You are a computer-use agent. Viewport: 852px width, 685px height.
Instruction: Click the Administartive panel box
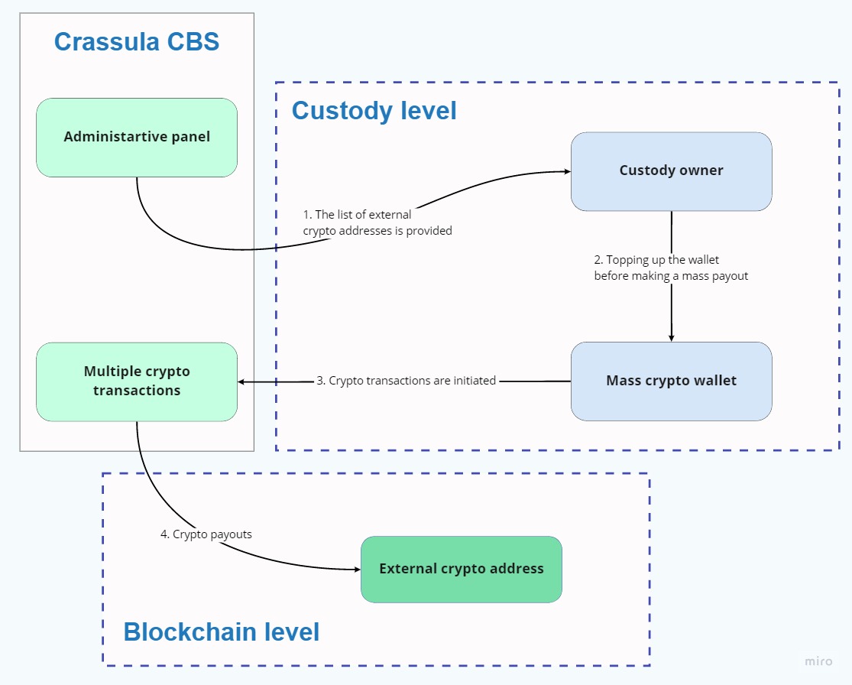137,138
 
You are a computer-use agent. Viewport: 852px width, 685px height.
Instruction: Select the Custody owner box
671,171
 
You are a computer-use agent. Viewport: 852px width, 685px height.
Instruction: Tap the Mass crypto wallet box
671,381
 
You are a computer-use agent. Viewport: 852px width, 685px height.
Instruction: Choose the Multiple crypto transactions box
137,381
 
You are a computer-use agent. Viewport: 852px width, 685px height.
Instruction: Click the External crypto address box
461,569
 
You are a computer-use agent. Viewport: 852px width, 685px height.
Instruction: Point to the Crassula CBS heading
137,41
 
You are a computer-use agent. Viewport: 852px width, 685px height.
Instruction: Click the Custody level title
374,111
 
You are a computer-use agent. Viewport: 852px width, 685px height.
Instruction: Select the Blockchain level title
222,632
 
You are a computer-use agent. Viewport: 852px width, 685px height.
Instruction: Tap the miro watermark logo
818,661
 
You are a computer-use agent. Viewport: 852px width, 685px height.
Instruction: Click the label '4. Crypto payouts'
206,534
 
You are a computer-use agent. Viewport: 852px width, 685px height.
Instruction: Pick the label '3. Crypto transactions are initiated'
407,381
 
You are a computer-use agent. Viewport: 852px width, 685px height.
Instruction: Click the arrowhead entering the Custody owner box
567,172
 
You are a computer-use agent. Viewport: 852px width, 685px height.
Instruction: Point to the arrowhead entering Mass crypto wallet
672,337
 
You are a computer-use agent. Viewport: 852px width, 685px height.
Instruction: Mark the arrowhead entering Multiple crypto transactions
242,381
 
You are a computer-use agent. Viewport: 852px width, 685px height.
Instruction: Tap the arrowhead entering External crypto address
356,570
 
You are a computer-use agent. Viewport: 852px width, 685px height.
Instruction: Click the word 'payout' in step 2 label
730,276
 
